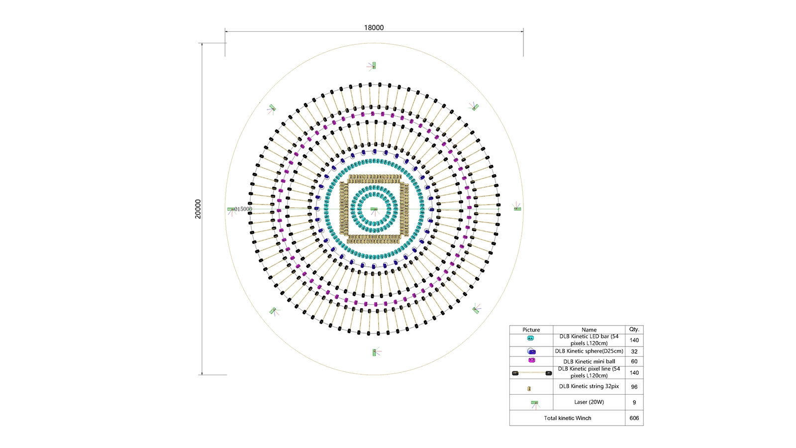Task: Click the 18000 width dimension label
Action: pos(374,28)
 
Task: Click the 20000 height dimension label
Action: pos(198,209)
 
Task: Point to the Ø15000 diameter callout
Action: pos(242,209)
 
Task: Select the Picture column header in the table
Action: pos(531,330)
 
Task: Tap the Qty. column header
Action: pos(634,329)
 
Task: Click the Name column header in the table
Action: pos(589,330)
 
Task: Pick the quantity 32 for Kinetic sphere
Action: pos(634,351)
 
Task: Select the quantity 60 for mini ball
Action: pos(634,361)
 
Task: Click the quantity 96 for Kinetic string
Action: pos(634,387)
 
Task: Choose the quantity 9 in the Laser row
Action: pos(634,402)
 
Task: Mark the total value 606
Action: pos(634,418)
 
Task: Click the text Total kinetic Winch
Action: pos(568,418)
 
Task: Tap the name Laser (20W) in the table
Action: pos(589,402)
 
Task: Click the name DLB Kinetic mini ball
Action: pos(589,361)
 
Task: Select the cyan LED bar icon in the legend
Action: pos(530,338)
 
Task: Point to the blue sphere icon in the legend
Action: pos(531,351)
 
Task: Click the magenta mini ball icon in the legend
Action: pos(531,360)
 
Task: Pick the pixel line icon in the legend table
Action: pos(531,373)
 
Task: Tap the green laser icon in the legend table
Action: pos(534,403)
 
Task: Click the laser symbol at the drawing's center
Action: pos(374,209)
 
